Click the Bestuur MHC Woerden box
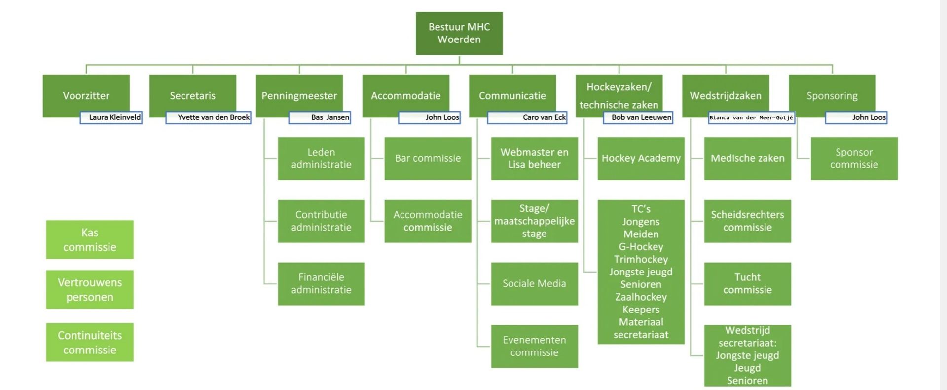(459, 33)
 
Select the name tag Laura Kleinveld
(111, 117)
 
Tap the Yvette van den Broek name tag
(209, 117)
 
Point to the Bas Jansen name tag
(320, 117)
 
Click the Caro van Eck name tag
(527, 117)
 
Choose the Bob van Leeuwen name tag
(638, 117)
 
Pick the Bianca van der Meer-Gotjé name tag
(751, 117)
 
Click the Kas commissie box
(90, 239)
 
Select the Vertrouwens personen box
(90, 289)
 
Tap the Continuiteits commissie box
(90, 342)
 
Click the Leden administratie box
(321, 158)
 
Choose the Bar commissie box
(428, 158)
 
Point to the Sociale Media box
(534, 283)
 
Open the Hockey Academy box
(641, 158)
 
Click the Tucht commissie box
(747, 283)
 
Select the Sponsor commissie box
(854, 158)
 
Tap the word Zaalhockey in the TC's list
(641, 297)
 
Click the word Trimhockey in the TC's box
(641, 259)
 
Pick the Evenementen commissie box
(534, 346)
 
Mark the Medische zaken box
(747, 158)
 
